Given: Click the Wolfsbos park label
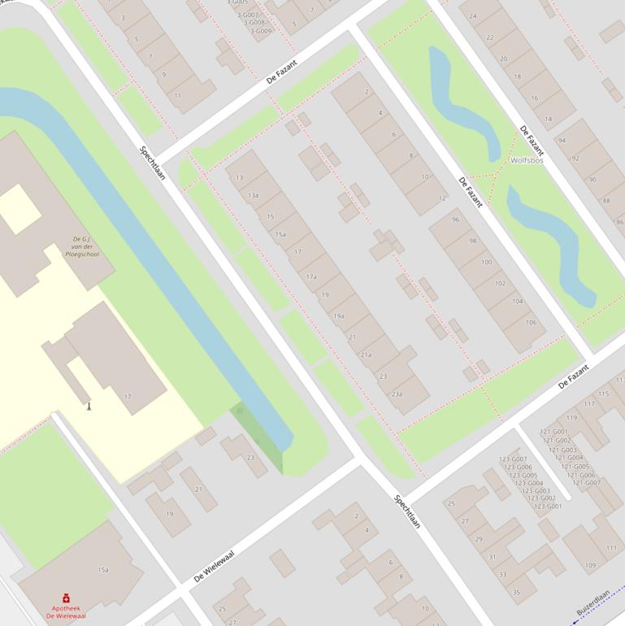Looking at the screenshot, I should pos(527,160).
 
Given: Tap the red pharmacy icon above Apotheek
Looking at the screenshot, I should pos(66,598).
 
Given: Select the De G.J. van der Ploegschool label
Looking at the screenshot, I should pos(80,246).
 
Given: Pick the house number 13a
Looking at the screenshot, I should pos(254,195).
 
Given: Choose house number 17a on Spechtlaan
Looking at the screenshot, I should pos(311,276).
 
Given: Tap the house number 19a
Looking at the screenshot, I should pos(339,315).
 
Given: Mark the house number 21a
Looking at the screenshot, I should pos(366,354).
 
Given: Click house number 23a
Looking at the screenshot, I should pos(397,393).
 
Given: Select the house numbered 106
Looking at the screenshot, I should pos(531,323).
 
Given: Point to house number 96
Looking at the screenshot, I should pos(455,220).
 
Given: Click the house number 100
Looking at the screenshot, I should pos(486,262).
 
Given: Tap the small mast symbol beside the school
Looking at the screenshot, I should pos(89,405).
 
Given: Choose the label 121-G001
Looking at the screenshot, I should pos(554,432).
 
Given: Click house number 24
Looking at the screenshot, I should pos(473,16).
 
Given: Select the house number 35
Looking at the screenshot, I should pos(515,593).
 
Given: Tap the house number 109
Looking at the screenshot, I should pos(589,566).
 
